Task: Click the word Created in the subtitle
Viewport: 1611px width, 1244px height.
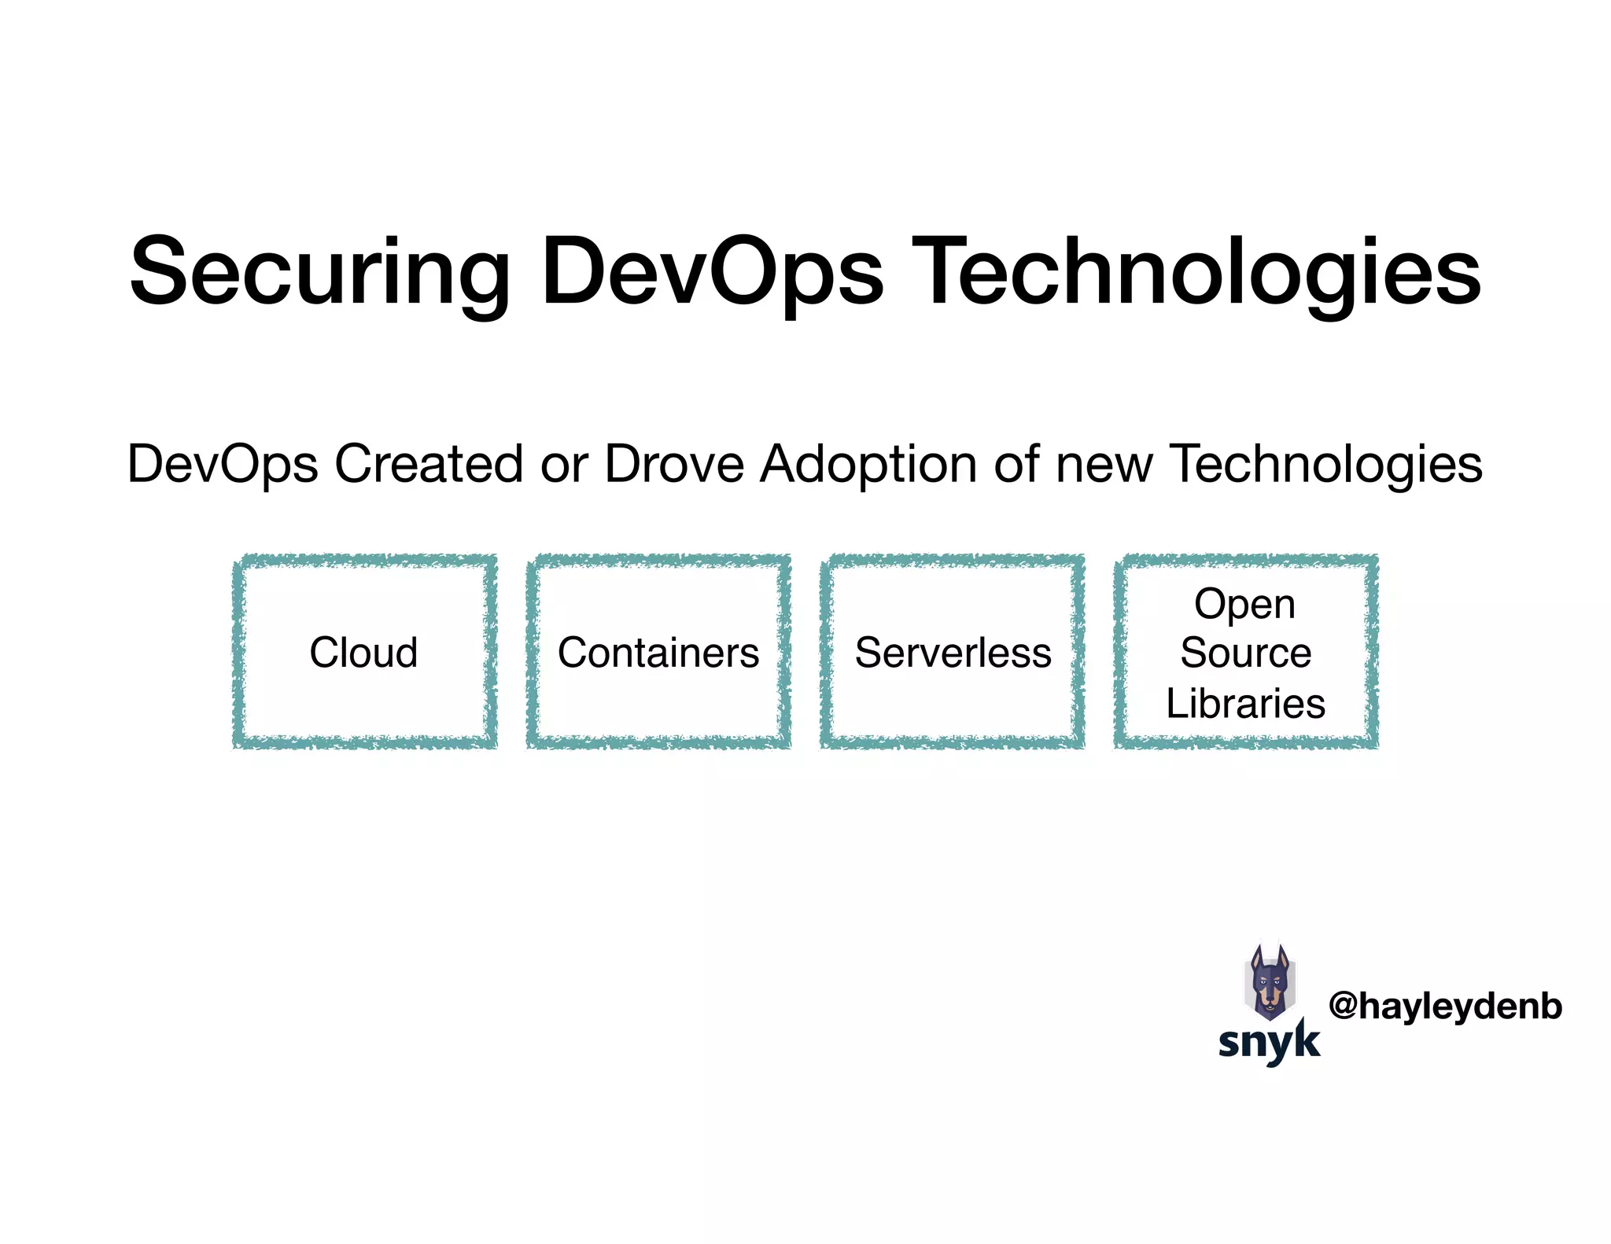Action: [429, 464]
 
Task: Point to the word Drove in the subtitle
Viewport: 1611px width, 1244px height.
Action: [673, 464]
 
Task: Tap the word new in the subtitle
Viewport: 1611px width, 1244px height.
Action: [1104, 464]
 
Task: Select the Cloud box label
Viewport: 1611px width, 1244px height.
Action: [363, 653]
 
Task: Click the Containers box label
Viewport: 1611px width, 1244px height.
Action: [658, 653]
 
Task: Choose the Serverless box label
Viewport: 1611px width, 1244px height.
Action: [953, 653]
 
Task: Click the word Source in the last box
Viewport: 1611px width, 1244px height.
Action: [1246, 653]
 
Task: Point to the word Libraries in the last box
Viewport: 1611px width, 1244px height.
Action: [1246, 703]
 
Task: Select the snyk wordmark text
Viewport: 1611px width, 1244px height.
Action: [1269, 1042]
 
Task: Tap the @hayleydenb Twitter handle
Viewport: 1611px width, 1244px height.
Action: [1445, 1007]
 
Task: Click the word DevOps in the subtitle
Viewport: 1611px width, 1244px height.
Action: [223, 464]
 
